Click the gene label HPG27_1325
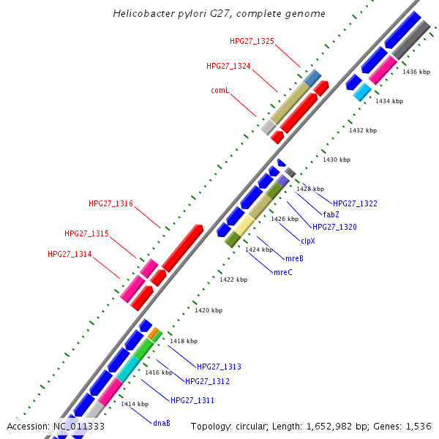251,41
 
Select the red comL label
220,91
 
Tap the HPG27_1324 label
228,66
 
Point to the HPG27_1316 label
110,203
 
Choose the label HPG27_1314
70,254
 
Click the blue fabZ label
331,215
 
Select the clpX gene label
308,240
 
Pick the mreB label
294,258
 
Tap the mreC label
282,272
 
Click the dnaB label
161,423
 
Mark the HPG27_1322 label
355,203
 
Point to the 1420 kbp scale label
208,310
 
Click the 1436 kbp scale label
416,72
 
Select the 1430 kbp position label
337,160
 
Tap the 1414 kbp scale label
135,404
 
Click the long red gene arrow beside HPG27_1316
182,248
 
